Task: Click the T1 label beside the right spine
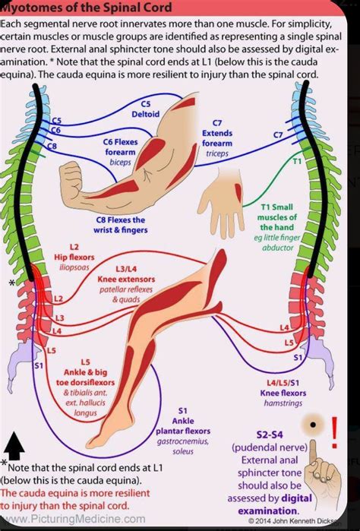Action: (x=297, y=162)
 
